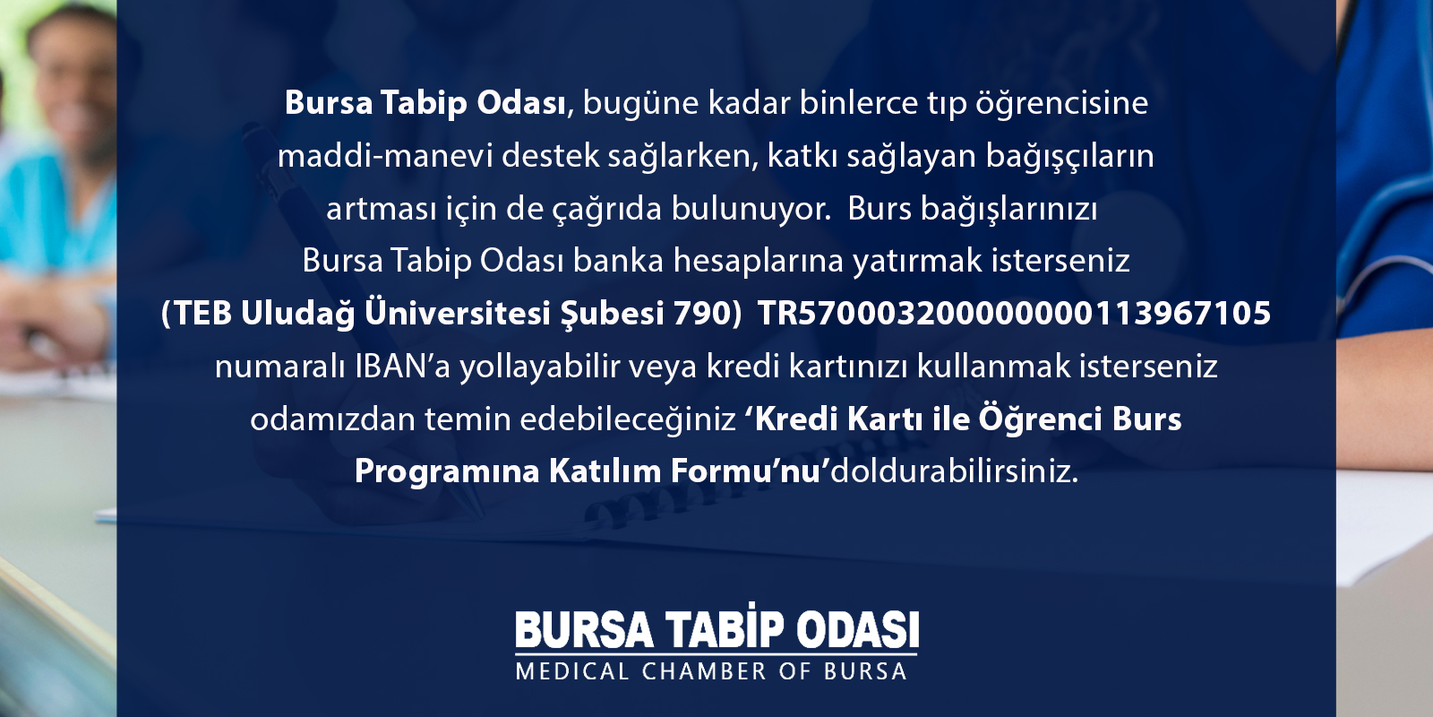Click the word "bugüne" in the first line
640,104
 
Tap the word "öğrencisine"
1061,104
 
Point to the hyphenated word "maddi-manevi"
384,156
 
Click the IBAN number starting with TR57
1015,314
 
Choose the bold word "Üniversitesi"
458,313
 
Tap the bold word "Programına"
447,472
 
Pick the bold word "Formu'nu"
750,471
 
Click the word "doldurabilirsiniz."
954,471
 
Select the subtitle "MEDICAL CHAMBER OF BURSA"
711,671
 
